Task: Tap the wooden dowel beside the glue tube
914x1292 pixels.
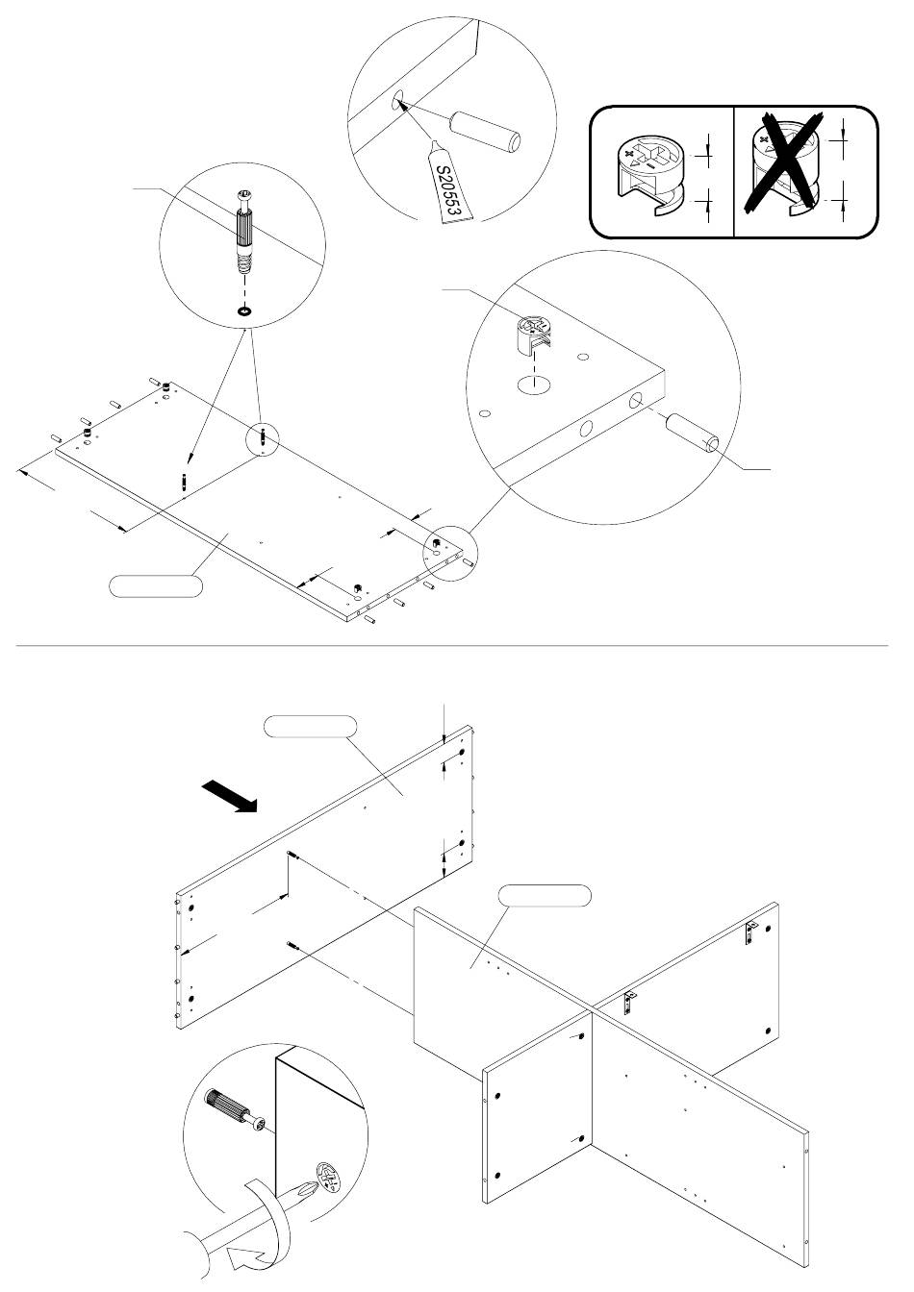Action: (486, 132)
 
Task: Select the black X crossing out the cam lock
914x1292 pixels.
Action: (783, 162)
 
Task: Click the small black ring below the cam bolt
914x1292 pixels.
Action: (244, 311)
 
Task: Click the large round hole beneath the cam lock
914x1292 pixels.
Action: (534, 385)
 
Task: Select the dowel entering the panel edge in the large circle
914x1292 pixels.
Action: (693, 433)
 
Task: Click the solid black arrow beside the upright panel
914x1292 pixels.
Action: (229, 796)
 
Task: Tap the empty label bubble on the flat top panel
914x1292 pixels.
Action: (156, 585)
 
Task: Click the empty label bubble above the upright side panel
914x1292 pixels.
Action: (310, 726)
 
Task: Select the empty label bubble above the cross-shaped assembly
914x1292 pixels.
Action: (546, 895)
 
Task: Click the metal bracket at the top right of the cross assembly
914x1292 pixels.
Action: (750, 932)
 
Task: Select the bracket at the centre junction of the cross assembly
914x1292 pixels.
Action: (629, 1002)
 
